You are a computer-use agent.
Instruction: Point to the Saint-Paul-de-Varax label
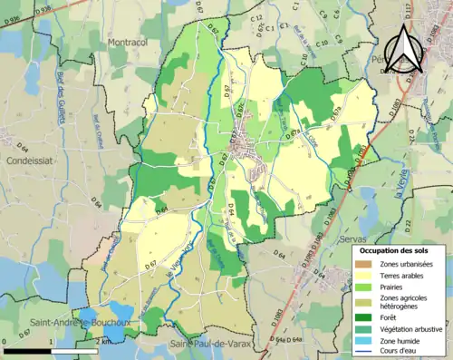point(208,344)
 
